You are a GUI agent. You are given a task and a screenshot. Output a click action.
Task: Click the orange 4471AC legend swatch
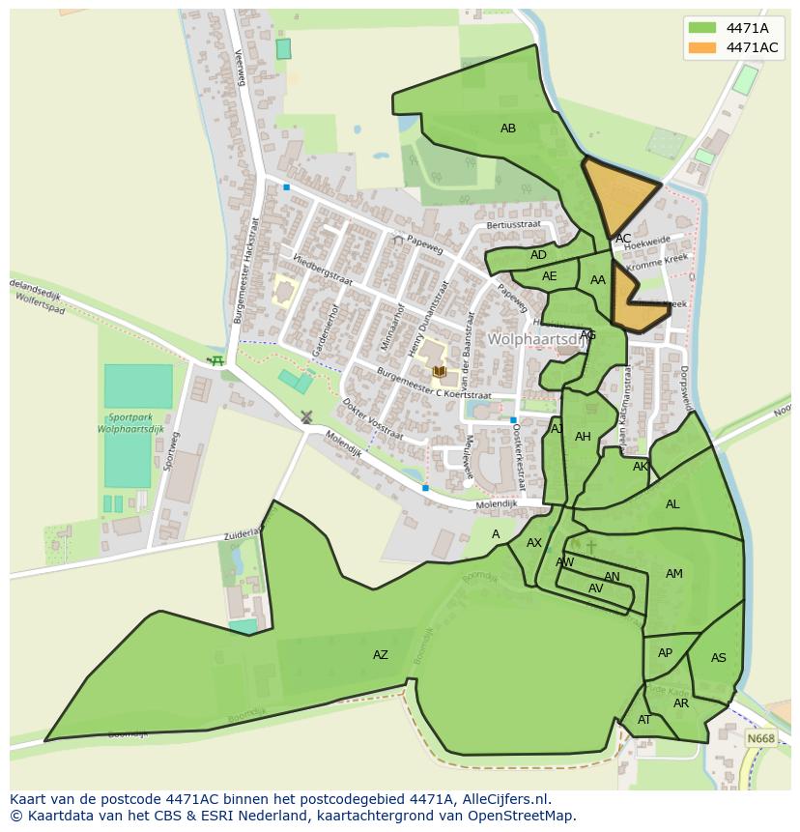701,47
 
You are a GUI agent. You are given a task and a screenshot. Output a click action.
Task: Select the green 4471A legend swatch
701,28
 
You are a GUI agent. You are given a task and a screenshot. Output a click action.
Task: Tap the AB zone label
508,129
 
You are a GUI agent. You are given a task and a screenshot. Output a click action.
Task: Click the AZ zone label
381,655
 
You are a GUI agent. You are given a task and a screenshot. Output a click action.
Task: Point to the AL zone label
672,504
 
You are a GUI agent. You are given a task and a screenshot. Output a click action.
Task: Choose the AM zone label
674,574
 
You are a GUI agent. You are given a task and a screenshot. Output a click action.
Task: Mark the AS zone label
718,658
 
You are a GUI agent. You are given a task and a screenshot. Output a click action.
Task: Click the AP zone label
665,653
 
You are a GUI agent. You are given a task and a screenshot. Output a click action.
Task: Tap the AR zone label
681,703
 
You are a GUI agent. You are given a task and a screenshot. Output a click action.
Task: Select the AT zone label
644,720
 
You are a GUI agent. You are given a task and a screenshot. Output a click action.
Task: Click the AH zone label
583,437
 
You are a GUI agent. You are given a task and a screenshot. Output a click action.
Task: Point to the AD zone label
538,255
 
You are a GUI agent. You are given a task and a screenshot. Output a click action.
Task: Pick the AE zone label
550,276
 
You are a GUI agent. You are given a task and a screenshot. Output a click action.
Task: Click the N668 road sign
760,738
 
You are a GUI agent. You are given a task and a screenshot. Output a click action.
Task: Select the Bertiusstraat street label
514,224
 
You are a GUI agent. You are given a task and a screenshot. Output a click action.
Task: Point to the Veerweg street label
241,68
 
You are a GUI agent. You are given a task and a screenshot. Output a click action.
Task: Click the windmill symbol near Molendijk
306,417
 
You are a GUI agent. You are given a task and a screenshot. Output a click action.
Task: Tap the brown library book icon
440,371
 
